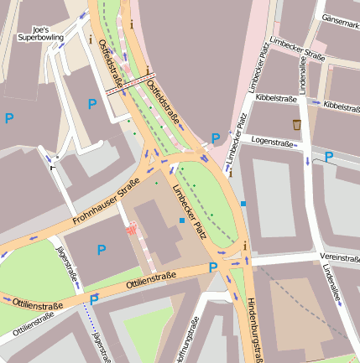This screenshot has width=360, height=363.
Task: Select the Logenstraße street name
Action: coord(272,143)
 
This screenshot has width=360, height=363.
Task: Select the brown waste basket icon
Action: coord(296,125)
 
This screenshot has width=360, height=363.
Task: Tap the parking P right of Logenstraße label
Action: coord(329,157)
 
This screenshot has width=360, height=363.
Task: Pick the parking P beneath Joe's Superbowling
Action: coord(92,104)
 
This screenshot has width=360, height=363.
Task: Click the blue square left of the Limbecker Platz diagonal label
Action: coord(182,220)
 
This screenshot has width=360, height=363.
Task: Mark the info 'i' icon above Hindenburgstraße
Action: coord(245,245)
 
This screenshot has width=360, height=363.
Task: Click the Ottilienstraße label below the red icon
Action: coord(151,280)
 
